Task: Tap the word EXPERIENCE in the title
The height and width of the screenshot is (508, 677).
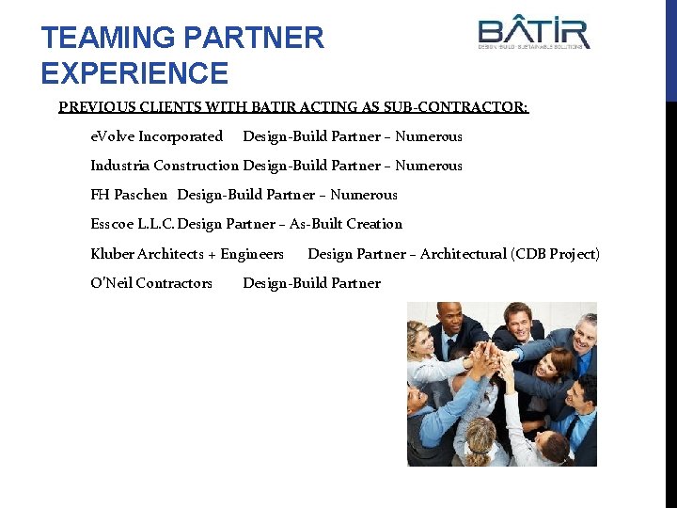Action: coord(134,73)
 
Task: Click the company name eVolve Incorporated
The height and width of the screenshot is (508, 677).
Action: coord(156,136)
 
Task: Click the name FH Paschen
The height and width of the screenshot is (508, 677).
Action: coord(129,195)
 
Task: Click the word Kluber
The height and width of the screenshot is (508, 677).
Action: coord(113,254)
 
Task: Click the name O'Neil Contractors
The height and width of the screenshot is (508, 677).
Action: coord(151,283)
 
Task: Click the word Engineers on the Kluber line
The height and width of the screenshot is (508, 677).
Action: coord(252,254)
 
